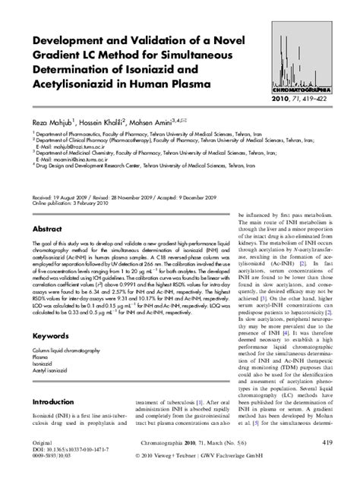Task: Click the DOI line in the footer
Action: pos(69,449)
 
